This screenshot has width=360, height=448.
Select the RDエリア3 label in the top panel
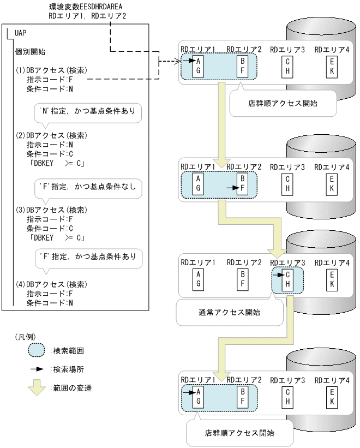(x=287, y=50)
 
